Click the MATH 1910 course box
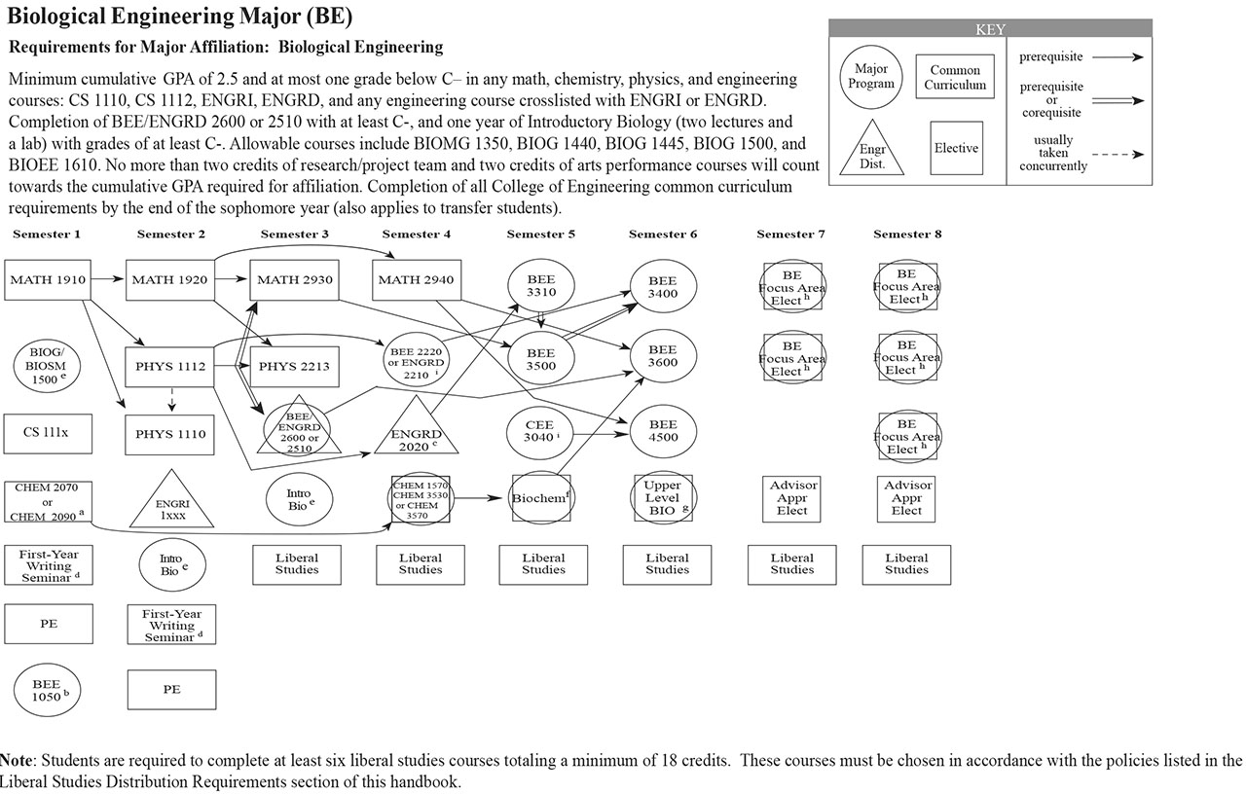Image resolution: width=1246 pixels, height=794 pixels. (x=48, y=280)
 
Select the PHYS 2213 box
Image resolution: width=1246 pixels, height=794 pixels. (x=294, y=367)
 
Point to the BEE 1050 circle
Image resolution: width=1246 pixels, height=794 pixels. (x=48, y=690)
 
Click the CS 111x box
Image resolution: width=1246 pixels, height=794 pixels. (x=48, y=433)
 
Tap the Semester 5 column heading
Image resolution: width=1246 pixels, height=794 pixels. (x=541, y=235)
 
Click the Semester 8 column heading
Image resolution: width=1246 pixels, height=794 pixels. (x=907, y=235)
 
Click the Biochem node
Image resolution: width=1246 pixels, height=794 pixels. (x=541, y=498)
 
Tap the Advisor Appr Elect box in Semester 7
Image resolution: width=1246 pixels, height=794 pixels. (x=792, y=497)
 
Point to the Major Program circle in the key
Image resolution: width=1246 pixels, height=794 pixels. (x=871, y=76)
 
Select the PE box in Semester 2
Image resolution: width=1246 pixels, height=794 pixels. (x=171, y=690)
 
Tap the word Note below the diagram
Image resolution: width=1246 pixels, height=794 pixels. (x=16, y=760)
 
